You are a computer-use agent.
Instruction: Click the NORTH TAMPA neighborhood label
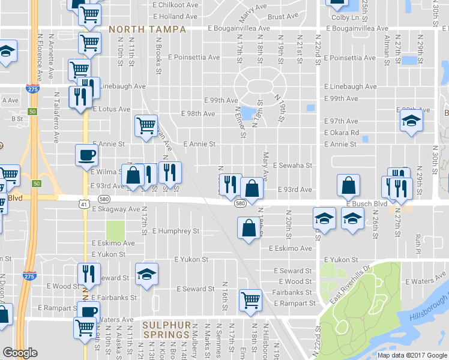click(x=147, y=29)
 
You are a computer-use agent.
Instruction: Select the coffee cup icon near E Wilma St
click(x=86, y=155)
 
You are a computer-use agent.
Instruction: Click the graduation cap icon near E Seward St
click(x=146, y=274)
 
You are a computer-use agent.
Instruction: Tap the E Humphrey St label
click(x=176, y=230)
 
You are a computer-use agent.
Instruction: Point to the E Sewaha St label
click(x=293, y=165)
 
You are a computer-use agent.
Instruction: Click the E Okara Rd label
click(x=342, y=133)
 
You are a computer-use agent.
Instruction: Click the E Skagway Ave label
click(x=116, y=209)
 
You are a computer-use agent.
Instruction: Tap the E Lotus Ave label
click(x=111, y=109)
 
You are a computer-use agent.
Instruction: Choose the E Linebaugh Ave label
click(x=349, y=86)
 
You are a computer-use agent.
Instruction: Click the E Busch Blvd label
click(x=366, y=204)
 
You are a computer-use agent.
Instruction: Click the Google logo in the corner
click(x=20, y=353)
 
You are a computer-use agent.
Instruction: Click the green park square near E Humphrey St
click(x=115, y=230)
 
